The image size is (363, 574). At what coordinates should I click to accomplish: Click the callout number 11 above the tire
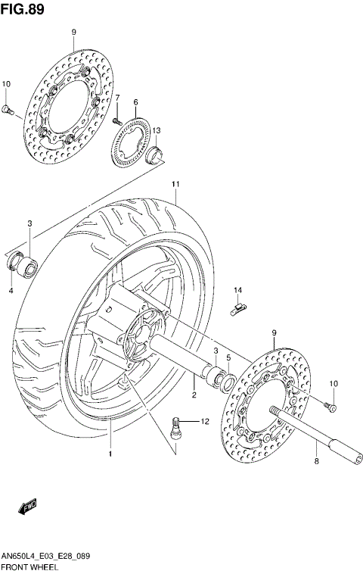175,184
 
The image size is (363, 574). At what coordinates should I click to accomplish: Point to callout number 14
237,290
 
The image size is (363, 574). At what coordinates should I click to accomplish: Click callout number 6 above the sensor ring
135,102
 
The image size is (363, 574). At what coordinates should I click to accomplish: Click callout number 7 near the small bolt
117,98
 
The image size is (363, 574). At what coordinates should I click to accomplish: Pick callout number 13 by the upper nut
157,130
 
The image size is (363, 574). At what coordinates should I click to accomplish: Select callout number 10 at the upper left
6,83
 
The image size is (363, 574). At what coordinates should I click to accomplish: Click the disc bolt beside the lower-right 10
330,407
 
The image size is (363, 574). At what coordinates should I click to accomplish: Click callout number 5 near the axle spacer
228,357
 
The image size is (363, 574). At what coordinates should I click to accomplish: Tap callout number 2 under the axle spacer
194,395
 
